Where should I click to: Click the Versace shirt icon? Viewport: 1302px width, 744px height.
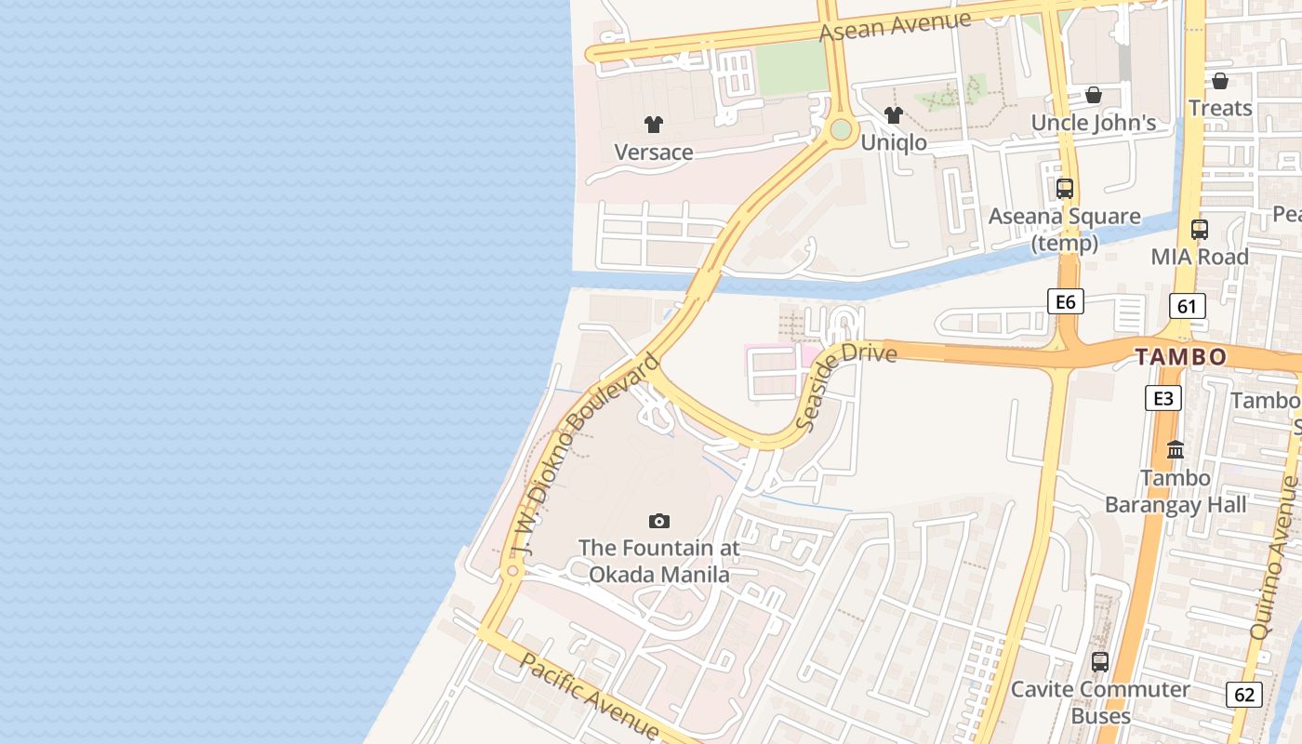click(x=654, y=124)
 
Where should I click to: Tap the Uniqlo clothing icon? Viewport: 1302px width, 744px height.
click(x=894, y=115)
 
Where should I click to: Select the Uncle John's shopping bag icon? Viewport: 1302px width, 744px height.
click(x=1094, y=95)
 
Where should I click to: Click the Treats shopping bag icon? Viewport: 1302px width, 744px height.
click(x=1220, y=81)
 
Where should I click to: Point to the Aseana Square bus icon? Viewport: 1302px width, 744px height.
click(x=1065, y=188)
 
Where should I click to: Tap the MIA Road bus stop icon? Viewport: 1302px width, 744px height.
click(x=1200, y=229)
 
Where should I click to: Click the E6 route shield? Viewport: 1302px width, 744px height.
click(x=1066, y=301)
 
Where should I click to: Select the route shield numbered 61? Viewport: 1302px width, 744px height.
click(x=1187, y=306)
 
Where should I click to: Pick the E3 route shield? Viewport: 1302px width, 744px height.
click(x=1162, y=398)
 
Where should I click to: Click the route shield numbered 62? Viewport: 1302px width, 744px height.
click(x=1244, y=694)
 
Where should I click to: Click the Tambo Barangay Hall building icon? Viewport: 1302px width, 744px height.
click(x=1176, y=450)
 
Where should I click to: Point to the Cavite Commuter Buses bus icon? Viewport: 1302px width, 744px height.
click(x=1100, y=661)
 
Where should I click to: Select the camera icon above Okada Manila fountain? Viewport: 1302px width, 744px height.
click(x=659, y=521)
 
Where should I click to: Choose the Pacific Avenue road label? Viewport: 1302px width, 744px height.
click(x=590, y=695)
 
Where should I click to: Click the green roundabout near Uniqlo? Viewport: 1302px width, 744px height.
click(x=842, y=129)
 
